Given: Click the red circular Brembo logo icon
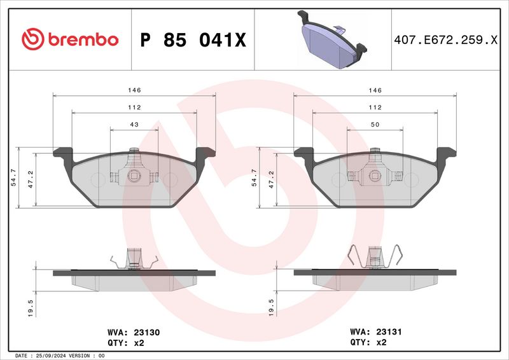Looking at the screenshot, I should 31,39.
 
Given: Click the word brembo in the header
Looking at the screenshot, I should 81,39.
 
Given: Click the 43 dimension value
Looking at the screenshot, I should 134,125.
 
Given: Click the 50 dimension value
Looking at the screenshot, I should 375,125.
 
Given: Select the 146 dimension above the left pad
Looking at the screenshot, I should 134,91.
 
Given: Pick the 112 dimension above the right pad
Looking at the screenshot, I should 375,107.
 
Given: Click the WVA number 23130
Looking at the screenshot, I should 148,332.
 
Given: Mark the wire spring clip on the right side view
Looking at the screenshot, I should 375,258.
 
